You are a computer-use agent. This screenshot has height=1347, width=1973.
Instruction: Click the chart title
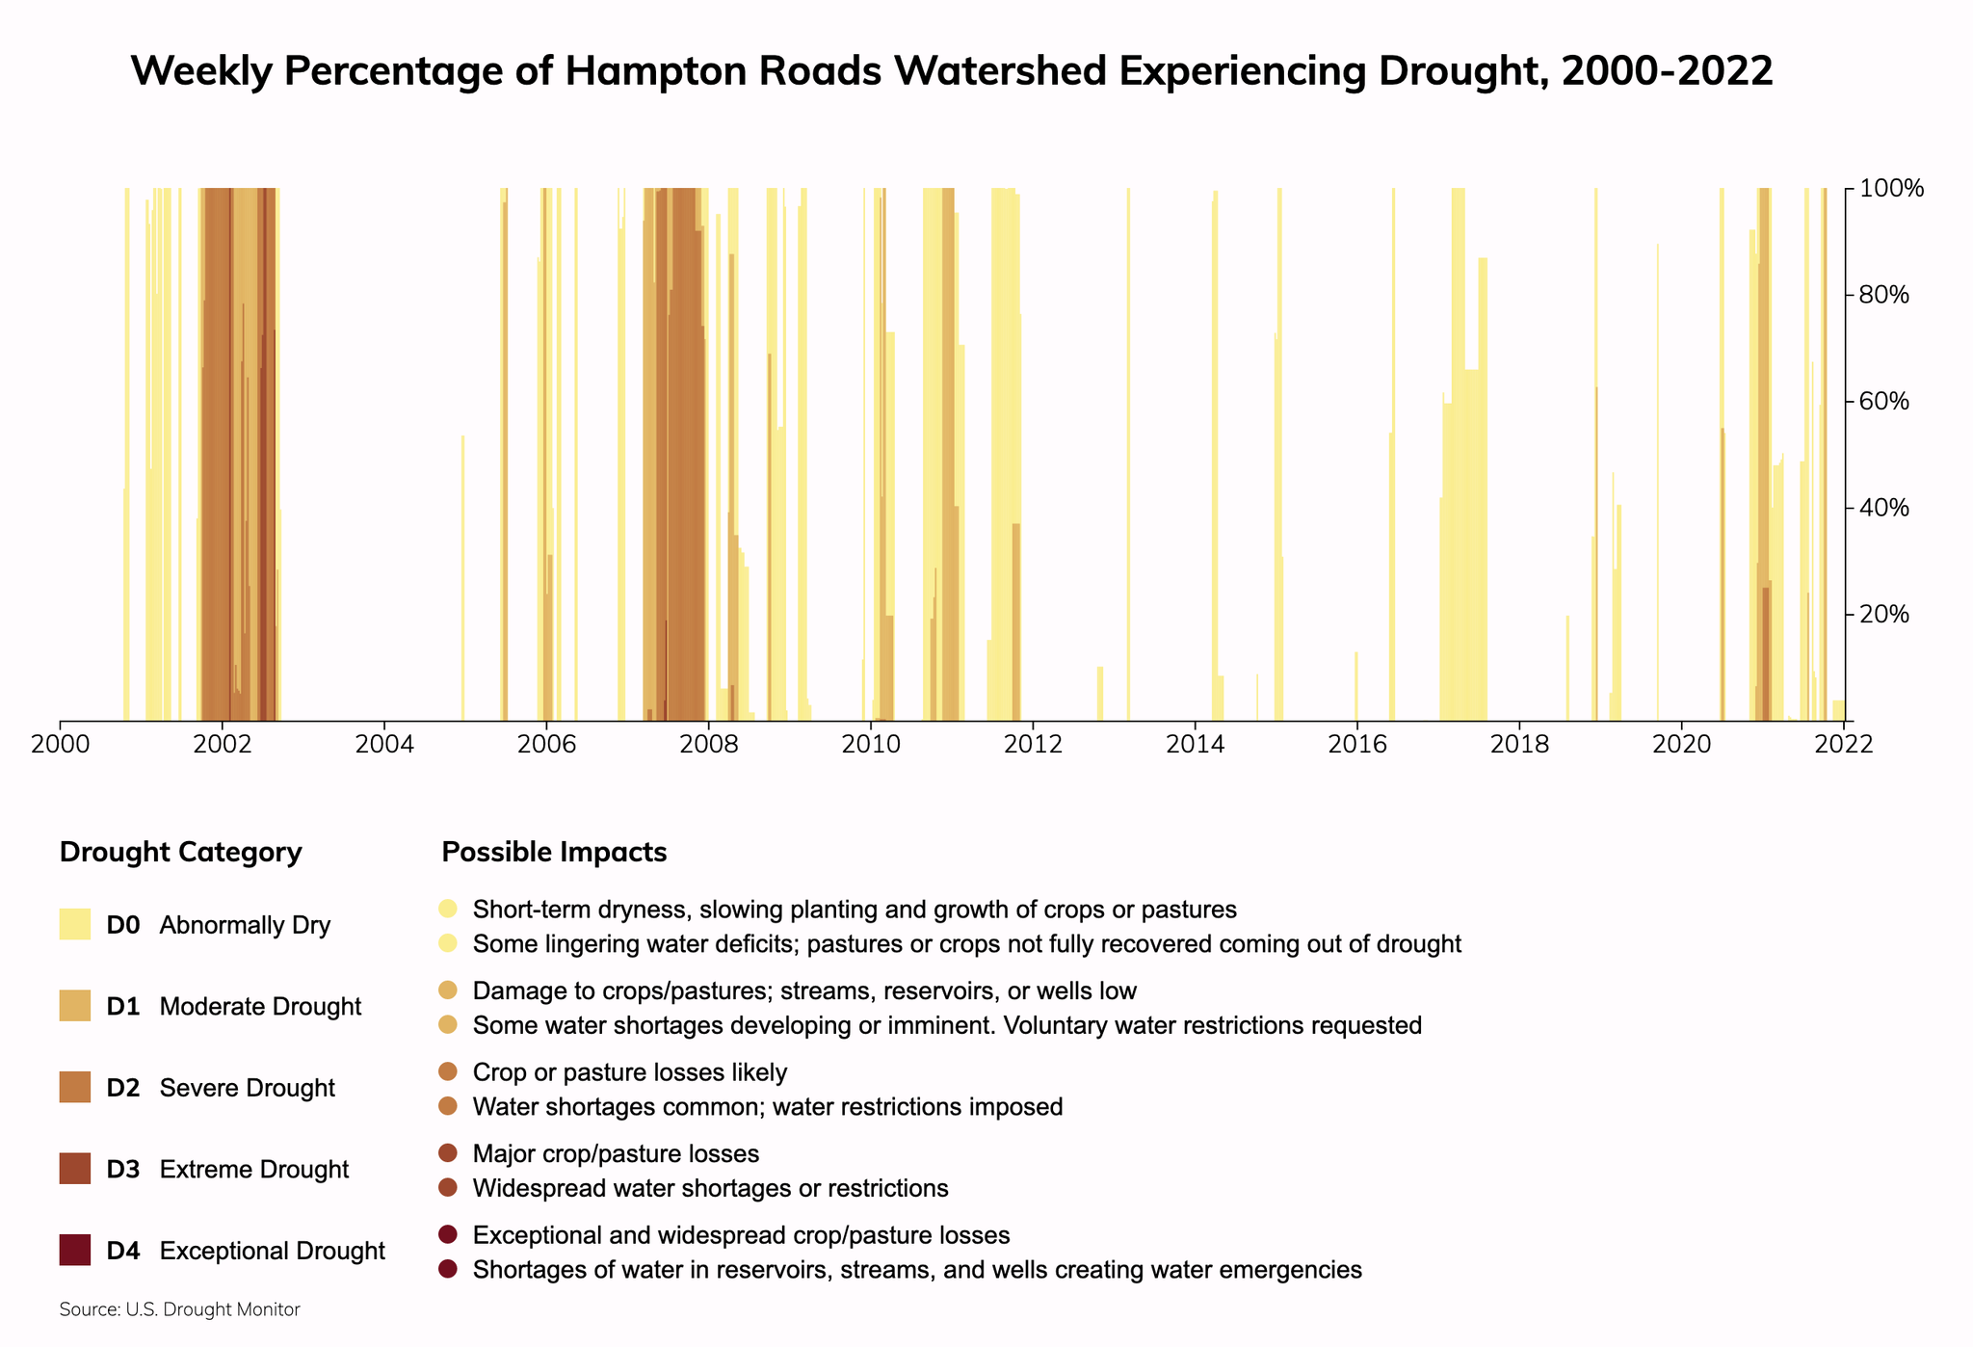click(951, 71)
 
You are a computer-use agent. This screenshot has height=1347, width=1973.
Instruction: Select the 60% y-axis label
click(1890, 401)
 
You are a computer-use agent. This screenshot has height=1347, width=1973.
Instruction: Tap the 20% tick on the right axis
click(1890, 615)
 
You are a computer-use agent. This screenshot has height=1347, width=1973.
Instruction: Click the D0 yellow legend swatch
click(74, 925)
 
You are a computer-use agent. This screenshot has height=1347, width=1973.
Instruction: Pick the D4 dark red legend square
click(74, 1251)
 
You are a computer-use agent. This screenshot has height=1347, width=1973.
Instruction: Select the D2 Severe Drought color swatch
click(74, 1088)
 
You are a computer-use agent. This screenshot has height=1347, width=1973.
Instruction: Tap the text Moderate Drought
click(260, 1007)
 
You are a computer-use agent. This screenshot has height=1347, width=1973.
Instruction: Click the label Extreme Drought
click(253, 1170)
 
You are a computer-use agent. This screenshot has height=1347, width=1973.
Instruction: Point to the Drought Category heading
click(180, 853)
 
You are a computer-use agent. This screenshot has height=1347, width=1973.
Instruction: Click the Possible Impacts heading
click(553, 853)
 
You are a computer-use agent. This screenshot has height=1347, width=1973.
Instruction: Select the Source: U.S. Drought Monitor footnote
click(179, 1310)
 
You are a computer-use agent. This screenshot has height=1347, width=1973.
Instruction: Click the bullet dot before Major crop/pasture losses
click(447, 1153)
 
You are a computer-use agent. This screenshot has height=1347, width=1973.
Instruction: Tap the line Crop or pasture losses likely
click(629, 1072)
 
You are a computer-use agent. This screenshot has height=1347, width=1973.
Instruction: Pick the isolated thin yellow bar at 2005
click(462, 578)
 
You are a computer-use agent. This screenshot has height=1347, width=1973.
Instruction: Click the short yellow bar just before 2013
click(1099, 694)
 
